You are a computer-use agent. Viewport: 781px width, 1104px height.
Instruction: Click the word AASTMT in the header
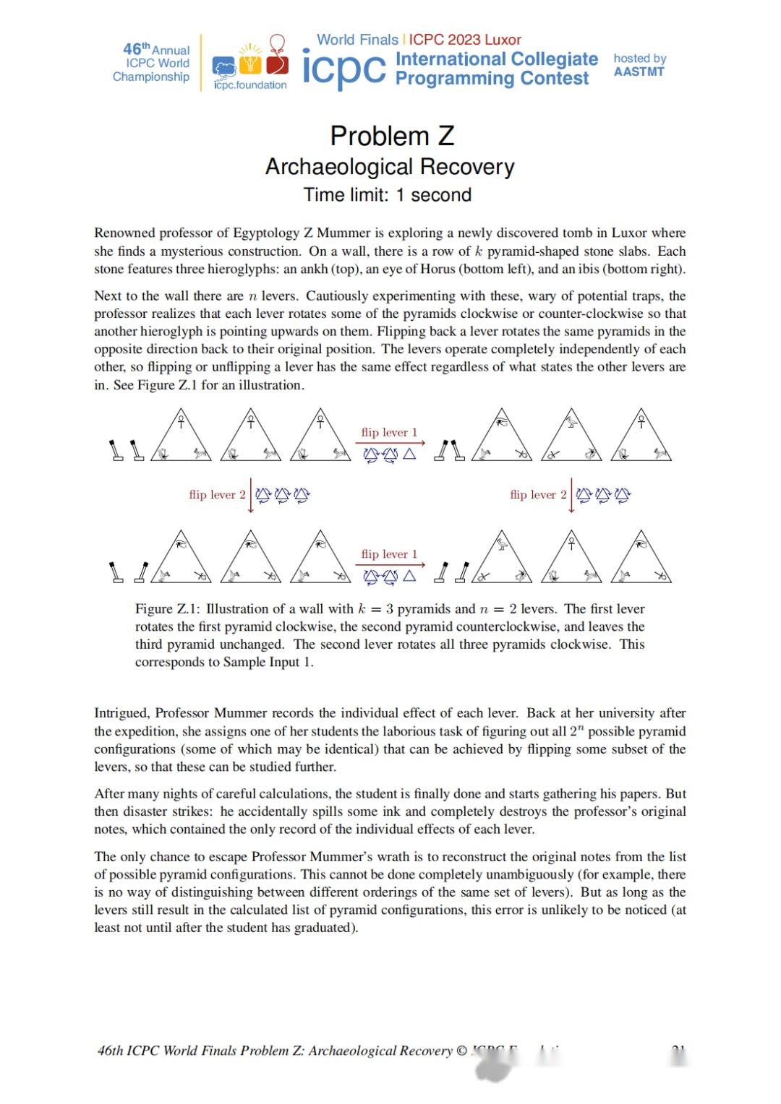pyautogui.click(x=639, y=72)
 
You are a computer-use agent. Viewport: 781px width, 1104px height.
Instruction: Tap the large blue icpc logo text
pyautogui.click(x=343, y=69)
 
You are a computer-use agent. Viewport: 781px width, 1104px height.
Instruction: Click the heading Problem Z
pyautogui.click(x=392, y=136)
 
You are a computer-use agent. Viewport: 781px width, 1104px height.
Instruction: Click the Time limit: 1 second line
pyautogui.click(x=388, y=195)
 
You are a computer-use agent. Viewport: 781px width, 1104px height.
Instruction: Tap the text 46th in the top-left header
pyautogui.click(x=136, y=49)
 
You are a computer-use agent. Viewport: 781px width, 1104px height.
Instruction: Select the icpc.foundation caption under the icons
pyautogui.click(x=250, y=85)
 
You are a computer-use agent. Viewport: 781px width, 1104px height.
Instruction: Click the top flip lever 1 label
pyautogui.click(x=389, y=432)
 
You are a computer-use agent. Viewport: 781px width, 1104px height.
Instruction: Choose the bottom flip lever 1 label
pyautogui.click(x=389, y=554)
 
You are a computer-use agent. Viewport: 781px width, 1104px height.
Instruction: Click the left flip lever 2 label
pyautogui.click(x=217, y=495)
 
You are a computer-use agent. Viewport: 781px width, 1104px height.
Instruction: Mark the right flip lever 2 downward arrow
pyautogui.click(x=571, y=495)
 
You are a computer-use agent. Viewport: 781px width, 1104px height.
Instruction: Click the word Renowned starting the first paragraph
pyautogui.click(x=124, y=233)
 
